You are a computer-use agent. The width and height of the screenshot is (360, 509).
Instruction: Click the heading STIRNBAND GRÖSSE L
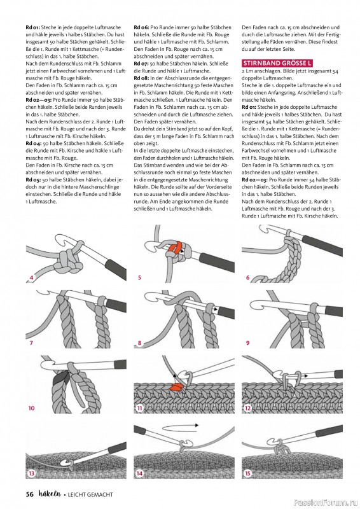(277, 63)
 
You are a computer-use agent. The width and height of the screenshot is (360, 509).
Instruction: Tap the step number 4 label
(32, 277)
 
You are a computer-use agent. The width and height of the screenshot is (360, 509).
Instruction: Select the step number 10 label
(31, 408)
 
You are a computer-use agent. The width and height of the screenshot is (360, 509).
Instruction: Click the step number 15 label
(247, 473)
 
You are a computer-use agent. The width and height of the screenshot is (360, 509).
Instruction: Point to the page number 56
(29, 494)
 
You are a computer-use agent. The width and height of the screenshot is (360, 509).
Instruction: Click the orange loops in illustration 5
(175, 248)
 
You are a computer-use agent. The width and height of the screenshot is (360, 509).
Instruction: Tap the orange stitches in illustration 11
(176, 386)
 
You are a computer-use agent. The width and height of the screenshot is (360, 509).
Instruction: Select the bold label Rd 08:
(141, 78)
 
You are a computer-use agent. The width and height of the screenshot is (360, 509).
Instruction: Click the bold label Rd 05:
(33, 179)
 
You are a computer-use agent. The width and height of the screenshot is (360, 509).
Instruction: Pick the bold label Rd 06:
(141, 27)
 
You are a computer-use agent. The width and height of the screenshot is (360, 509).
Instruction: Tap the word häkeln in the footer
(50, 494)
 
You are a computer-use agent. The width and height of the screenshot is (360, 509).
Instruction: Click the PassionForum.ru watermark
(326, 503)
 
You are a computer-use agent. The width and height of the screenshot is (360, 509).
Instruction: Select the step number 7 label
(31, 342)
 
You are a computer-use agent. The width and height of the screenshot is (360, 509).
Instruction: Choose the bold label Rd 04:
(33, 143)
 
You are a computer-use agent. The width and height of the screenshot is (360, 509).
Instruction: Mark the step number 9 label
(247, 342)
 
